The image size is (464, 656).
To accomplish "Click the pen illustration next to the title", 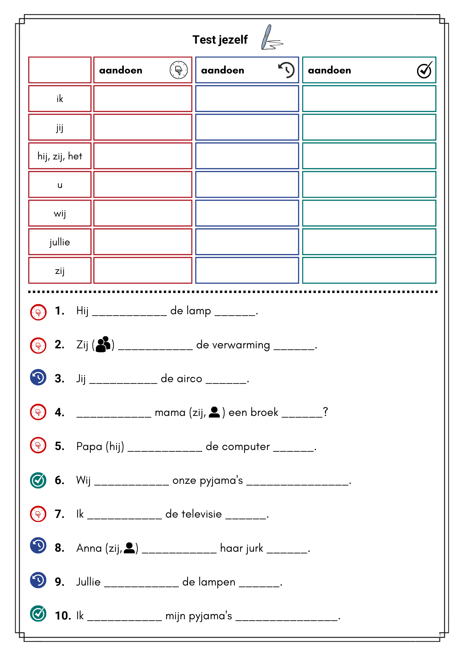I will click(271, 38).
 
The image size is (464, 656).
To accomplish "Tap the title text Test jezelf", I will click(220, 40).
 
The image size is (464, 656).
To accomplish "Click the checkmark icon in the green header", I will click(424, 70).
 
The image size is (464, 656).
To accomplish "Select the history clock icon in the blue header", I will click(286, 70).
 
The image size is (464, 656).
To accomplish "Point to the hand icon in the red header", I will click(179, 70).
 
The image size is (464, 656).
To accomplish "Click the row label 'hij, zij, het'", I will click(60, 156).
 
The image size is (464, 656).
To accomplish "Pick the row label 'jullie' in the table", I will click(60, 242).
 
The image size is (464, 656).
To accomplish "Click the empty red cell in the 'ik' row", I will click(143, 99).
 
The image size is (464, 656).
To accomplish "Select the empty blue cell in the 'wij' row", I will click(247, 213).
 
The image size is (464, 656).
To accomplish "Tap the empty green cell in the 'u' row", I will click(369, 185).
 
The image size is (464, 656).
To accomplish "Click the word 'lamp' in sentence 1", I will click(199, 311).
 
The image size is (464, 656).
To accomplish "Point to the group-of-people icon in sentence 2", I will click(103, 344).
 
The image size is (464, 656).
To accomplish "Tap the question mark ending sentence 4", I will click(325, 412).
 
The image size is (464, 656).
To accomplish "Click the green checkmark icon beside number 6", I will click(38, 480).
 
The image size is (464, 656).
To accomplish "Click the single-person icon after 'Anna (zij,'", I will click(130, 548).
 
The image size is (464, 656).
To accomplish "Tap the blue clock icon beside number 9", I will click(38, 580).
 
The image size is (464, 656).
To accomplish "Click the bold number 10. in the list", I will click(63, 616).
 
